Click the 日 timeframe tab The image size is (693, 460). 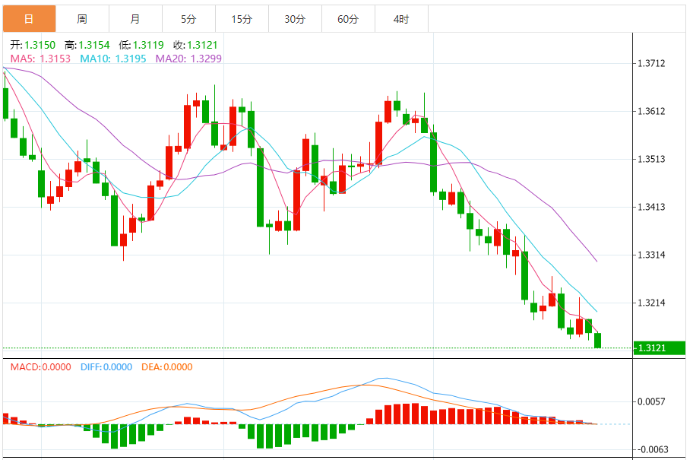pos(29,19)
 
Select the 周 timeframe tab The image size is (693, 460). pos(82,19)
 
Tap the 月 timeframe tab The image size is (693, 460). pos(135,19)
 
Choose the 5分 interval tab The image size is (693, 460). pos(188,19)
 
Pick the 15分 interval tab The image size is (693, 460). pos(242,19)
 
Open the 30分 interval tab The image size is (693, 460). pos(295,19)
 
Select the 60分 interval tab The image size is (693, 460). pos(348,19)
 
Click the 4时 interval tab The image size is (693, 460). pos(401,19)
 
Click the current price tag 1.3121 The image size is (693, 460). pos(651,348)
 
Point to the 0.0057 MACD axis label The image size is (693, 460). pos(651,401)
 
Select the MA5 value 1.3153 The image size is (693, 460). pos(55,59)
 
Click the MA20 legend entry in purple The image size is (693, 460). pos(189,59)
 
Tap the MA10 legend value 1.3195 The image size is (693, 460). pos(131,59)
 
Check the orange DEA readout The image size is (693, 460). pos(167,367)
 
